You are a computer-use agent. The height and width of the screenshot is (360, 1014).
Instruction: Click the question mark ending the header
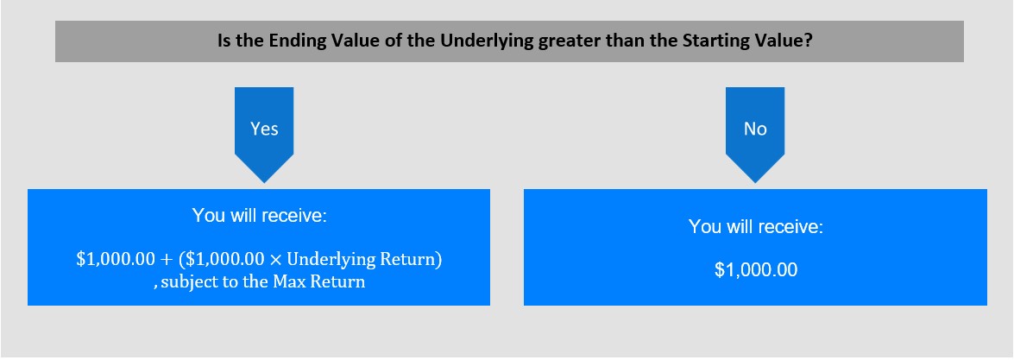pos(809,40)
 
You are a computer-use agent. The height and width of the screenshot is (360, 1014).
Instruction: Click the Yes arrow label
pos(264,129)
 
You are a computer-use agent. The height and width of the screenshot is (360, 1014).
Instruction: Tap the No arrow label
pos(755,129)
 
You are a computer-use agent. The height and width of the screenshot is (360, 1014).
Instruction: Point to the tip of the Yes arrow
pos(264,183)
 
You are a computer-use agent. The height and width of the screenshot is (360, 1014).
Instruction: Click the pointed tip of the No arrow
pos(755,183)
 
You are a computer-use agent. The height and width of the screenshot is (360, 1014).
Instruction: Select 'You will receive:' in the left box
pos(259,216)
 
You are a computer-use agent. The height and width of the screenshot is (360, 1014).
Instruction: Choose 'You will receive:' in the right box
pos(755,226)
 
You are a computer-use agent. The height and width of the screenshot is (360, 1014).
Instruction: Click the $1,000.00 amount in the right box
pos(755,270)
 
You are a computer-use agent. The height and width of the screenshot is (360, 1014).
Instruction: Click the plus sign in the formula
pos(167,260)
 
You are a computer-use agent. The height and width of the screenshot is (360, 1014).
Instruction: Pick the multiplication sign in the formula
pos(275,260)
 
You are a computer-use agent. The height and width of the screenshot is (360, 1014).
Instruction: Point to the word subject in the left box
pos(185,282)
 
